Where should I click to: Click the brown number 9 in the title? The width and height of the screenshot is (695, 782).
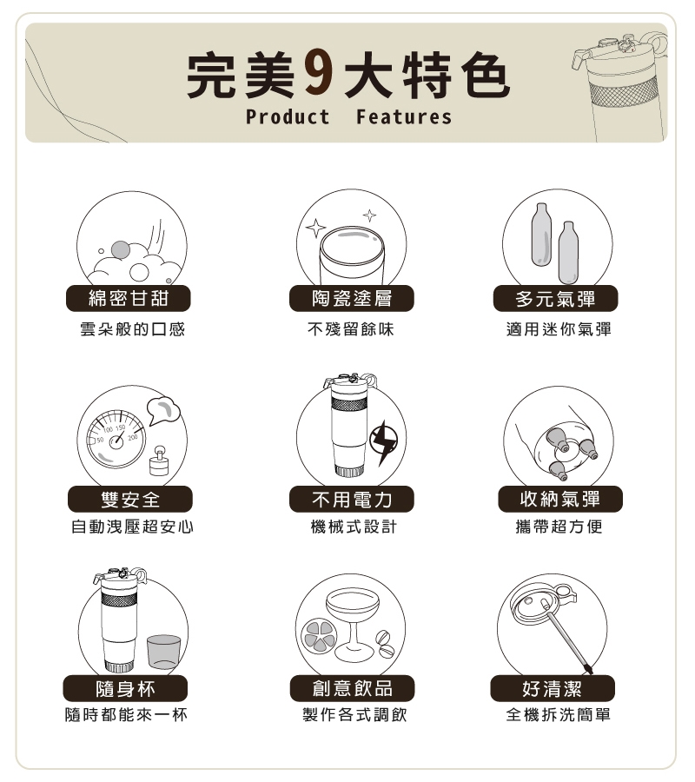(319, 75)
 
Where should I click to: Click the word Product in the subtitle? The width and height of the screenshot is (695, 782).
(288, 116)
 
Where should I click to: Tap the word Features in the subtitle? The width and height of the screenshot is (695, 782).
(404, 116)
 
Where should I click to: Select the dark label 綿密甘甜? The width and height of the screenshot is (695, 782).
(128, 298)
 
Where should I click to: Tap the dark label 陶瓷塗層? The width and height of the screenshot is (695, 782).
(352, 298)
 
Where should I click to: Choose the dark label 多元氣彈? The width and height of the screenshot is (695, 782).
(555, 298)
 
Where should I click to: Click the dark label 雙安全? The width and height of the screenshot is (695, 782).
(130, 499)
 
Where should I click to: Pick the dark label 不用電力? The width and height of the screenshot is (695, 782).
(352, 499)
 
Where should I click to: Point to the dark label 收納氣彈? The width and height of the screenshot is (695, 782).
(560, 499)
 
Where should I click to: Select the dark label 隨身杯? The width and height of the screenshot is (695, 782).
(125, 688)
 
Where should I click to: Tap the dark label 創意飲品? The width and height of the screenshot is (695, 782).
(352, 688)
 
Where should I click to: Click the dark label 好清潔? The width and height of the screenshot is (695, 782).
(553, 688)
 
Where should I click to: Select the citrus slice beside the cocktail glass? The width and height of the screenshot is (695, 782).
(319, 636)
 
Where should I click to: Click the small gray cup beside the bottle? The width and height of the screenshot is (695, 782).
(164, 652)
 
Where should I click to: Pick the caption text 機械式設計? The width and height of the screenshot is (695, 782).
(353, 527)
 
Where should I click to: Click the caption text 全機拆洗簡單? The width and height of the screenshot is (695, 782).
(558, 715)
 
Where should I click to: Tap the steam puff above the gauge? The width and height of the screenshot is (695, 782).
(163, 410)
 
